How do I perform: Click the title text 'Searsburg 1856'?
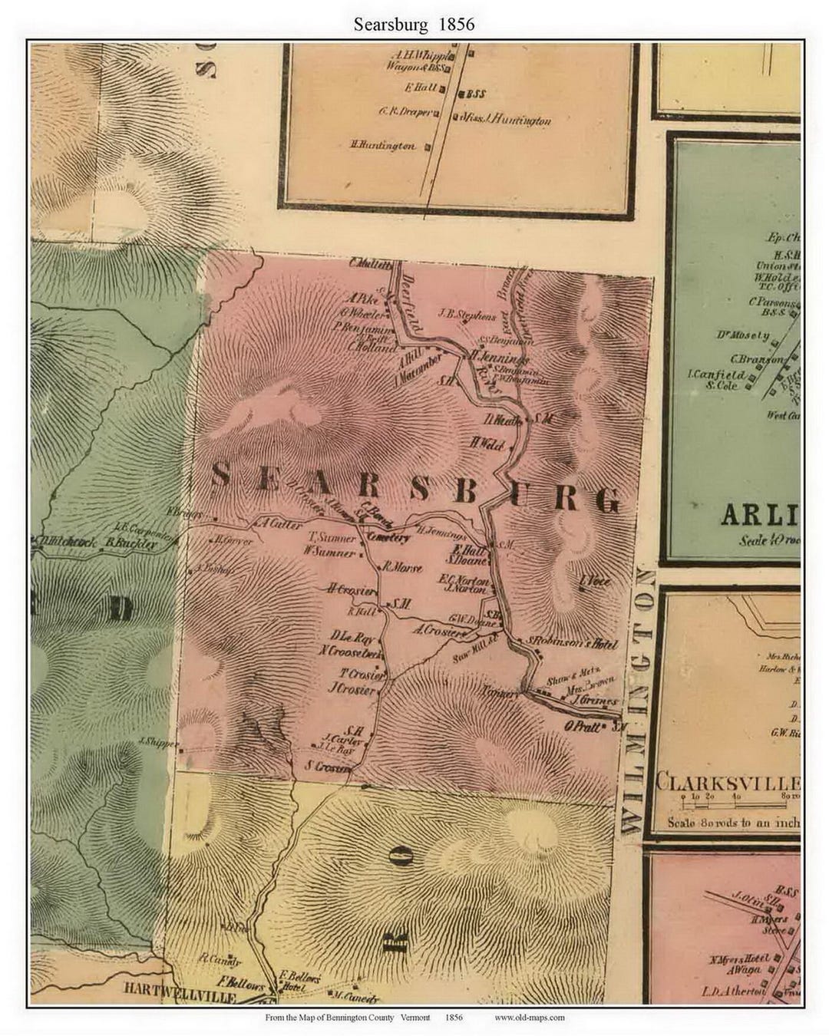pos(414,24)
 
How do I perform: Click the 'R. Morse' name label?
pos(402,569)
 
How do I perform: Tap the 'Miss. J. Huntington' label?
pos(507,120)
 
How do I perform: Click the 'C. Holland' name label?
pos(372,347)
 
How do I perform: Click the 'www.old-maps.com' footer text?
pos(529,1018)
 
